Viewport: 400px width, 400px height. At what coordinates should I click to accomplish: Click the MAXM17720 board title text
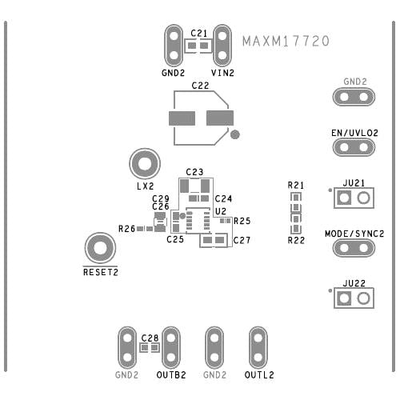(286, 41)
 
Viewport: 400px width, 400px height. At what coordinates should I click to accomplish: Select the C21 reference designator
(199, 33)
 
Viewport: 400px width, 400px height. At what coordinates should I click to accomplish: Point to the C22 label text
(200, 85)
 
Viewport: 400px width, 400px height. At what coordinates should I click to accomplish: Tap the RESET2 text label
(100, 272)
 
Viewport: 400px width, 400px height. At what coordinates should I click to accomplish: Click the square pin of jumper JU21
(345, 198)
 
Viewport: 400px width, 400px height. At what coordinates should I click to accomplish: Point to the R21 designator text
(296, 185)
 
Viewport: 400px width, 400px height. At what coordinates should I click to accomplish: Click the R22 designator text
(296, 240)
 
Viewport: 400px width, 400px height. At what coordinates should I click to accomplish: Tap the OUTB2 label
(171, 374)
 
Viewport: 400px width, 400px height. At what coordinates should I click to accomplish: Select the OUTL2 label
(259, 374)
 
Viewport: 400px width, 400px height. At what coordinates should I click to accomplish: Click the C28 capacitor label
(149, 338)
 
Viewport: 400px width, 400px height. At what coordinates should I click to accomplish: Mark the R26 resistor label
(126, 229)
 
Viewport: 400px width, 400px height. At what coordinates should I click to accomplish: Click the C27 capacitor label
(242, 240)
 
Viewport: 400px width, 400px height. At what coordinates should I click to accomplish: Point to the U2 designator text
(221, 211)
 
